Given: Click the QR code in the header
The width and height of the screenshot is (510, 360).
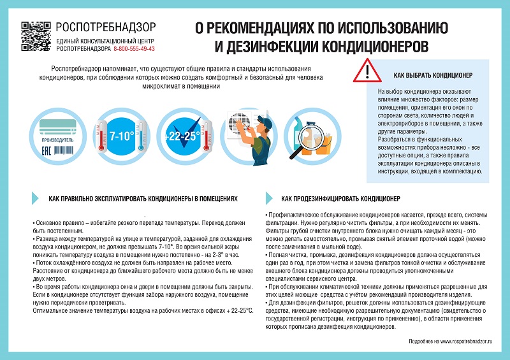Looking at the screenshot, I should (x=36, y=36).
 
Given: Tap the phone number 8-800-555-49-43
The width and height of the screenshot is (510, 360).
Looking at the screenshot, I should (x=134, y=48).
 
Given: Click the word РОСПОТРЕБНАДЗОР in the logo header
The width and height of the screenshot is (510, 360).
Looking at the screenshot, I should (x=105, y=27).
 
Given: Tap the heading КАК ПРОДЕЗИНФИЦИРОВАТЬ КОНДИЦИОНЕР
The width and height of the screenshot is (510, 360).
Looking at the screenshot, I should (x=341, y=199).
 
